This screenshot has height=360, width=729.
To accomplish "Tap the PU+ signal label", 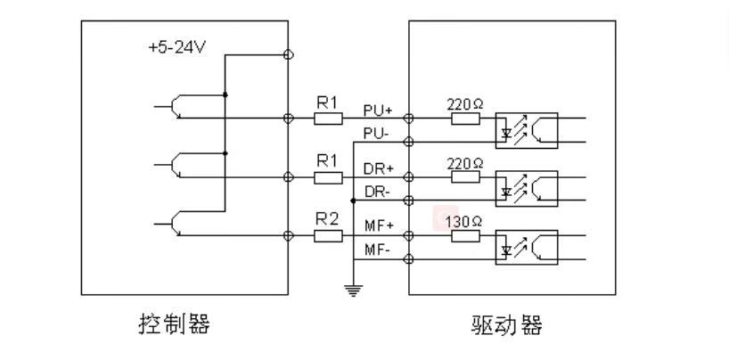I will [x=378, y=110].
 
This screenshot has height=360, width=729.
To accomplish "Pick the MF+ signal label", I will [x=379, y=226].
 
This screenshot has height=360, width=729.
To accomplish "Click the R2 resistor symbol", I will [x=328, y=236].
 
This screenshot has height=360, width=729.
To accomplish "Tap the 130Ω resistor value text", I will [x=464, y=220].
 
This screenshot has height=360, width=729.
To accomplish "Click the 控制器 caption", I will [x=175, y=323].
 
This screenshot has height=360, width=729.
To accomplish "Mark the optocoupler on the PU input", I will [x=526, y=129].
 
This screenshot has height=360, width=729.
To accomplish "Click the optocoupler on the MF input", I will [x=526, y=247].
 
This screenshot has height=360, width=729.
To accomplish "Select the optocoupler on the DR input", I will [x=526, y=188].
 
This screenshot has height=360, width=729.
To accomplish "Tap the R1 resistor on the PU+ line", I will [x=328, y=118].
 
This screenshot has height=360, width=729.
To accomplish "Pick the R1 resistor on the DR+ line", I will [x=328, y=176].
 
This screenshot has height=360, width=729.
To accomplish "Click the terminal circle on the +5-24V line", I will [x=288, y=54].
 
